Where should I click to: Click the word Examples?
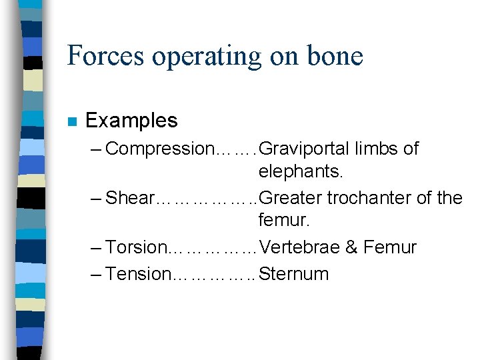(x=131, y=121)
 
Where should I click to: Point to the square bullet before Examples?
(x=71, y=122)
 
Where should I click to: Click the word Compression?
(x=157, y=149)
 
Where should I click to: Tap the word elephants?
(x=301, y=173)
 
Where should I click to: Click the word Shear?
(x=130, y=198)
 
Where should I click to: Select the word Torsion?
(x=136, y=247)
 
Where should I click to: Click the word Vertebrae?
(x=299, y=247)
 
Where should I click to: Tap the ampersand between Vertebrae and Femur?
(x=351, y=247)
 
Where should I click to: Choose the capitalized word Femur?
(x=390, y=247)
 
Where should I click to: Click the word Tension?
(x=138, y=273)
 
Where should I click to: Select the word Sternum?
(x=294, y=273)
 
